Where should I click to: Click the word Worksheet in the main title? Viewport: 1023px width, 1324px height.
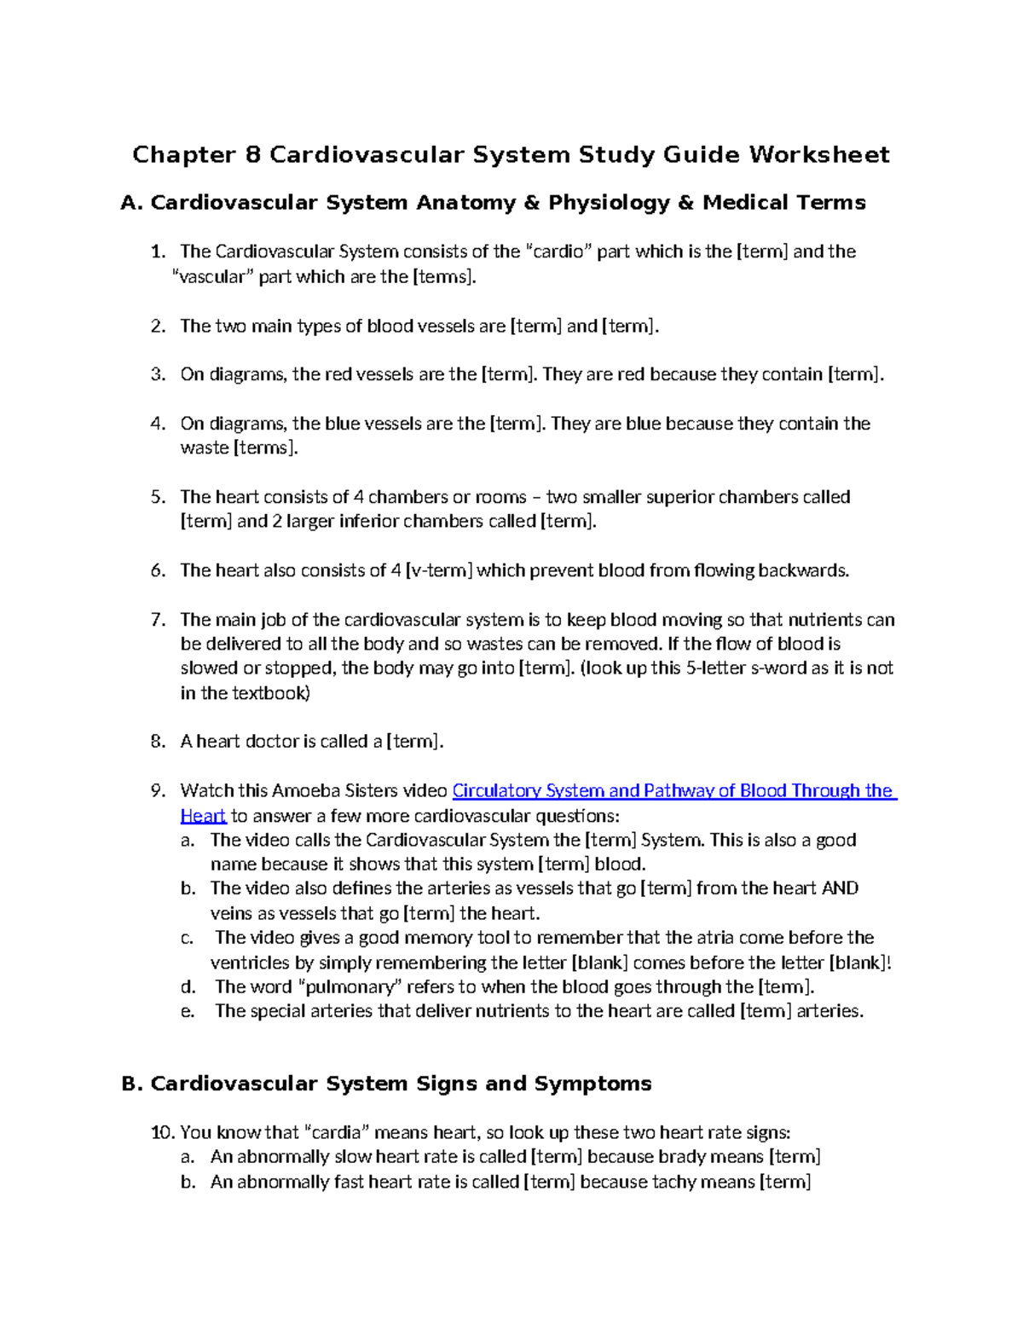(819, 154)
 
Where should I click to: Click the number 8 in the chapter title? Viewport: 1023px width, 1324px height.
(252, 154)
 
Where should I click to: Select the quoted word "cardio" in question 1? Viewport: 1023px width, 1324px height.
(559, 252)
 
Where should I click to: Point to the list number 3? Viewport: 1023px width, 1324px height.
(157, 374)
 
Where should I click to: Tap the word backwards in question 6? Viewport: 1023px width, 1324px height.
(803, 570)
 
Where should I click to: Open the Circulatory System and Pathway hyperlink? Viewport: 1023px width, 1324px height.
(673, 791)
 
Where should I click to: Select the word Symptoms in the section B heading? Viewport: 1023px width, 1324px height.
(592, 1084)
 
